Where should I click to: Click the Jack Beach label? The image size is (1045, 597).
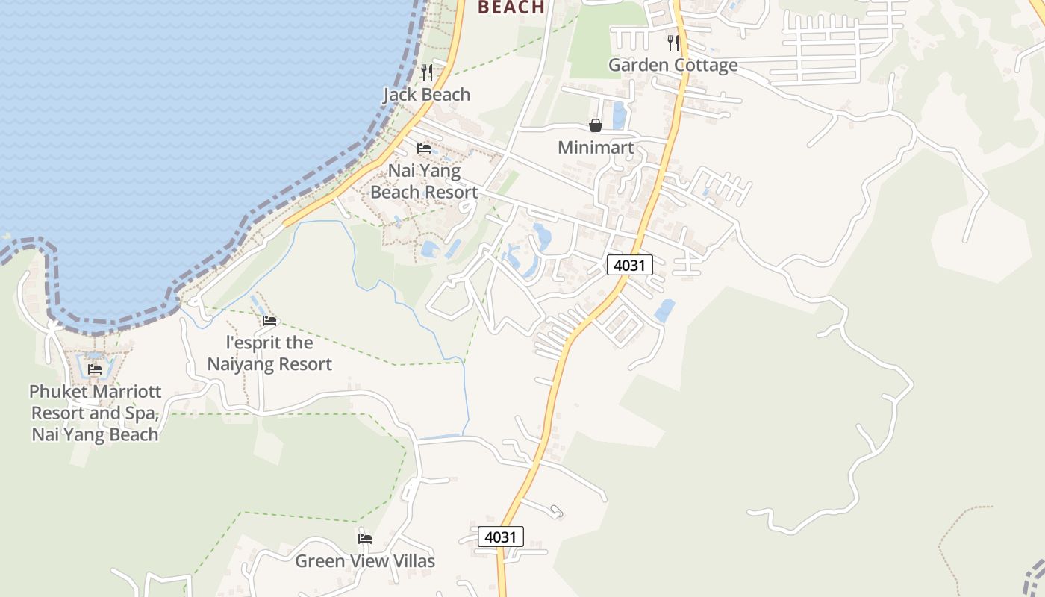click(426, 95)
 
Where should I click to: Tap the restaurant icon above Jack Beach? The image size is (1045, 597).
click(426, 72)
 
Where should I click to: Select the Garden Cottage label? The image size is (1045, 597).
click(673, 66)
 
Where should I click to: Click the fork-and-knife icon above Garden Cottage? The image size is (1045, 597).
click(673, 43)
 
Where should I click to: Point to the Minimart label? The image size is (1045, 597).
click(595, 148)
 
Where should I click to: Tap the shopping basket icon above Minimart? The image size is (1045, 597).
click(595, 125)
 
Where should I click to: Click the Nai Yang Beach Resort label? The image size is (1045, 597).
click(424, 181)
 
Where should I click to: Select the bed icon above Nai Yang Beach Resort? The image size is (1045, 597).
click(424, 149)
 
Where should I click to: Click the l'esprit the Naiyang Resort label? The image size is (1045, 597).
click(269, 354)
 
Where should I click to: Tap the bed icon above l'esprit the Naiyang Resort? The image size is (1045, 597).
click(269, 321)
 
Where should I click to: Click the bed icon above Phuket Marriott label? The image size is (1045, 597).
click(95, 369)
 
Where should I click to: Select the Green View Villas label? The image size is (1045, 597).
click(364, 561)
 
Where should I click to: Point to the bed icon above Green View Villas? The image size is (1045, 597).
click(364, 538)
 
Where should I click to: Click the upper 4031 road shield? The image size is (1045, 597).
click(629, 265)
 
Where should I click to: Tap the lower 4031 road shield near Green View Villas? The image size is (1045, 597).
click(500, 537)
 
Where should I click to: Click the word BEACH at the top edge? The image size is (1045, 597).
click(511, 7)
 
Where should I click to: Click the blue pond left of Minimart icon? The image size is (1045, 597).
click(619, 116)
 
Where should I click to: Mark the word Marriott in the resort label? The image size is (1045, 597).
click(126, 392)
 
